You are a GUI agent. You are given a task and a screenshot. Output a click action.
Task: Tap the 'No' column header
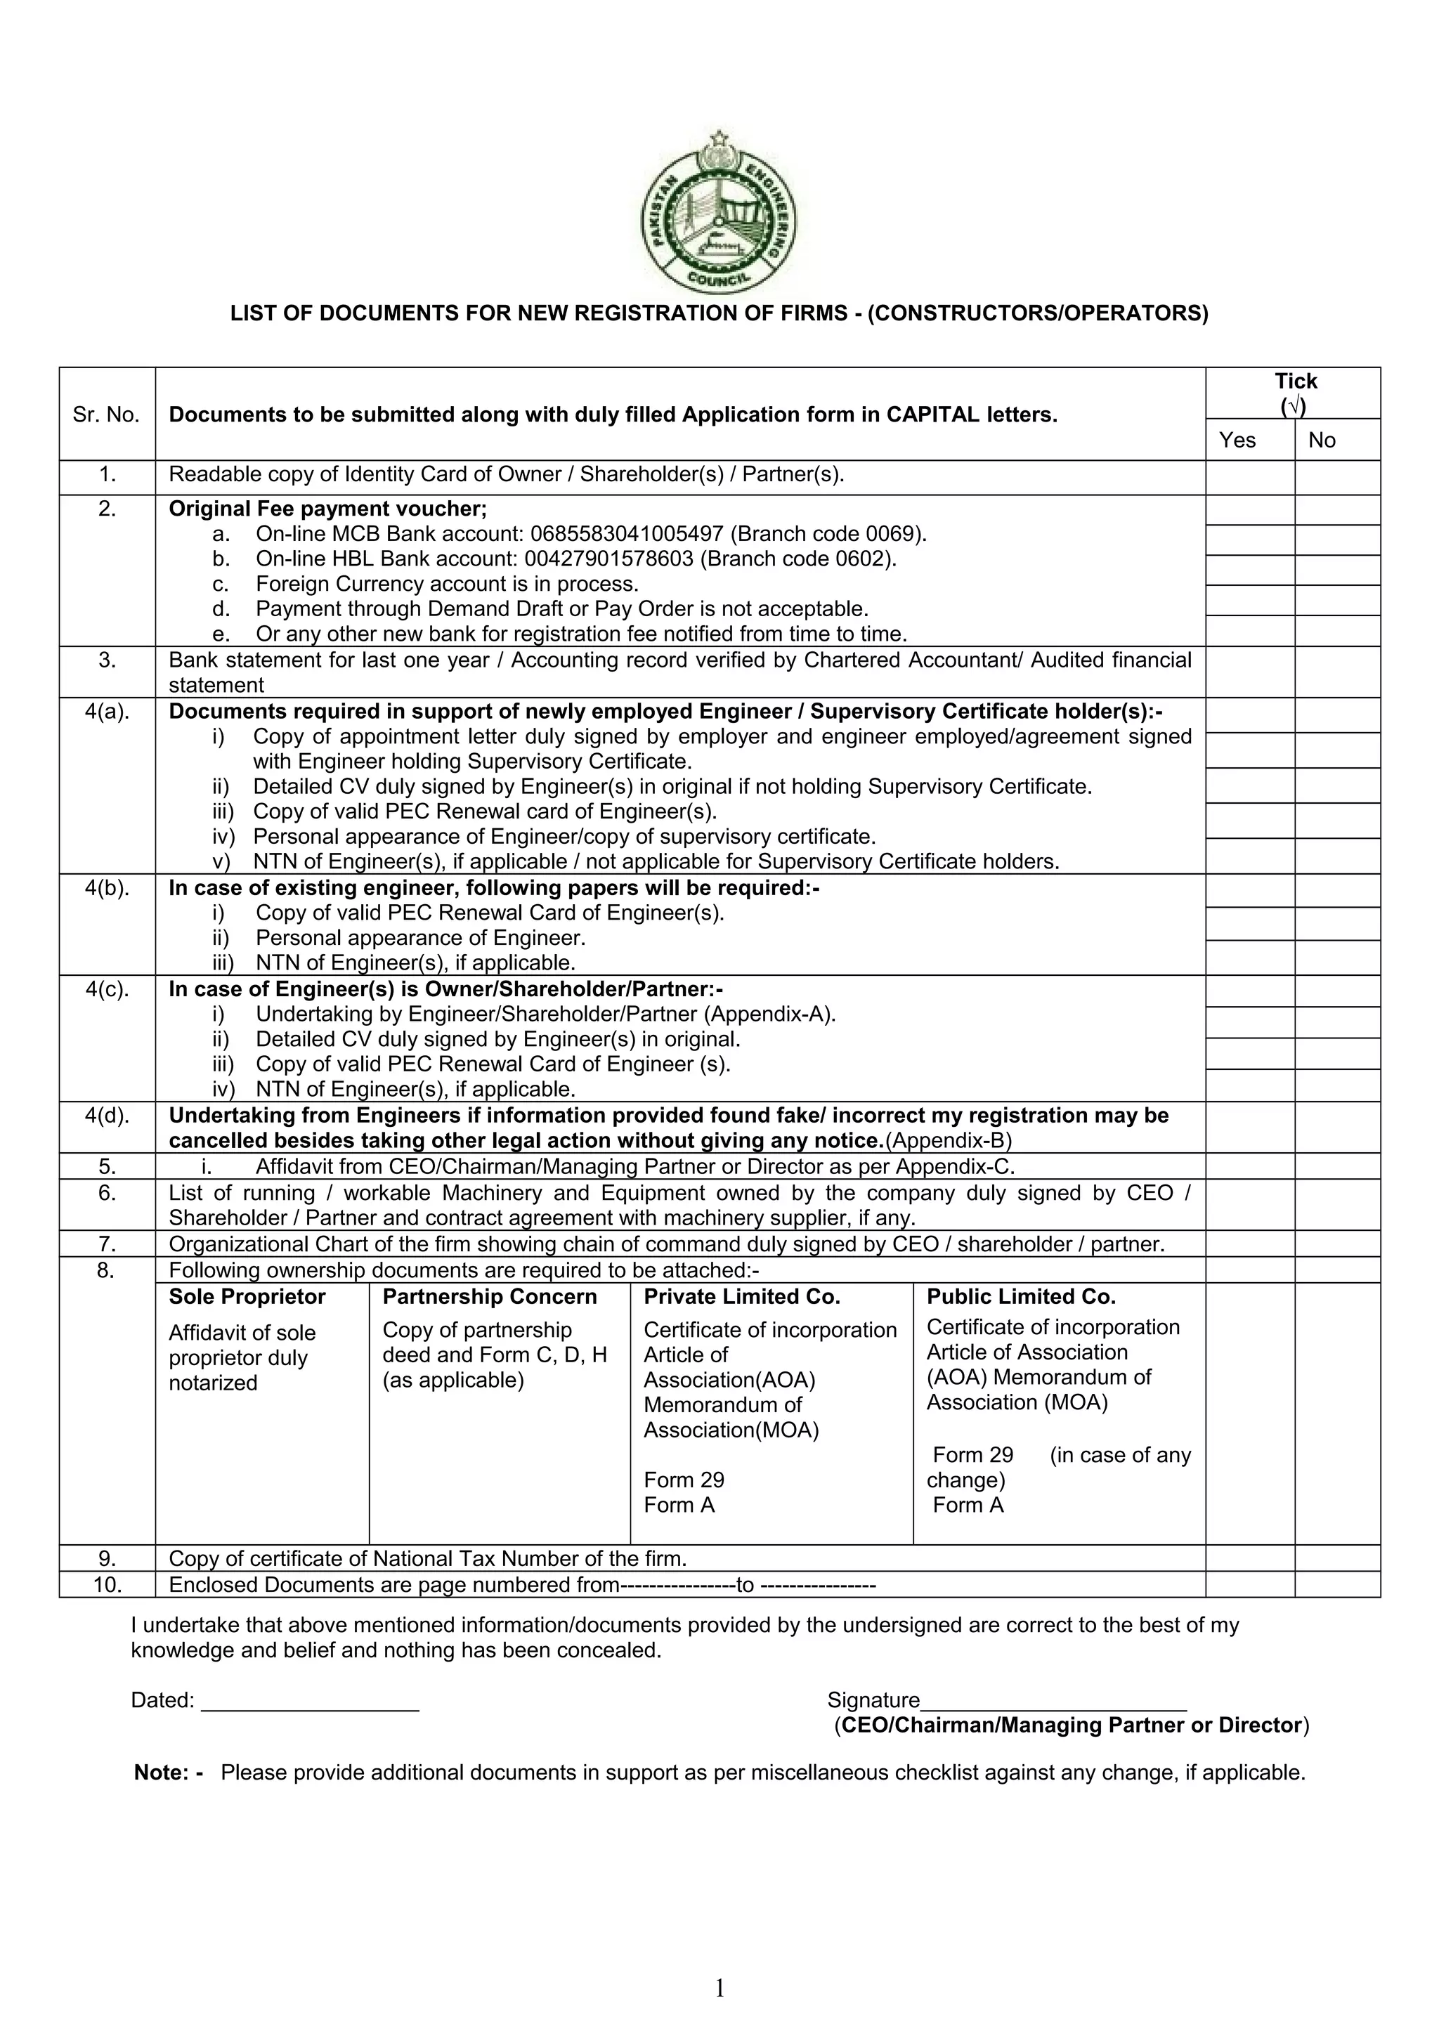pos(1321,440)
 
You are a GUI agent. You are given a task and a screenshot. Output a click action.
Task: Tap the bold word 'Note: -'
pos(169,1773)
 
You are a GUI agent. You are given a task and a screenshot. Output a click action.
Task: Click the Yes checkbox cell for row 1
pos(1249,477)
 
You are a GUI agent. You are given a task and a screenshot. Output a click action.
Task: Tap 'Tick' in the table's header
pos(1296,381)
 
